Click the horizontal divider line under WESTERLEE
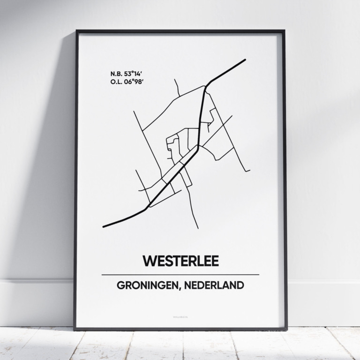click(180, 275)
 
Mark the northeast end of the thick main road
click(245, 60)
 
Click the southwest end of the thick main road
click(104, 227)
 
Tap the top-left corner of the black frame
click(76, 31)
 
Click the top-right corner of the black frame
click(284, 31)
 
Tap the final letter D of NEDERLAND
click(240, 285)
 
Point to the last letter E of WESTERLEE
click(215, 261)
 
